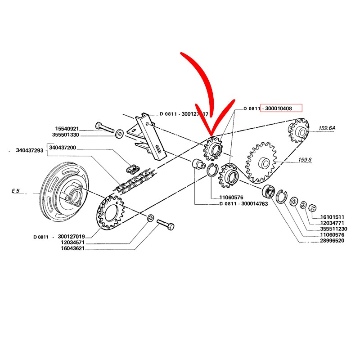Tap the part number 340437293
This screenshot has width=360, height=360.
30,150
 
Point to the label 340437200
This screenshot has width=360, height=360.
63,148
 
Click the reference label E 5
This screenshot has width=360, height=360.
16,191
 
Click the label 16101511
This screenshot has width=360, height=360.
332,216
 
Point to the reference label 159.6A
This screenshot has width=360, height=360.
328,128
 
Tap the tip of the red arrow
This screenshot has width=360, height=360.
210,135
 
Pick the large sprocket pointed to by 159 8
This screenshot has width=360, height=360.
261,162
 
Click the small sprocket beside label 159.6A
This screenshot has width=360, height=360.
298,130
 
